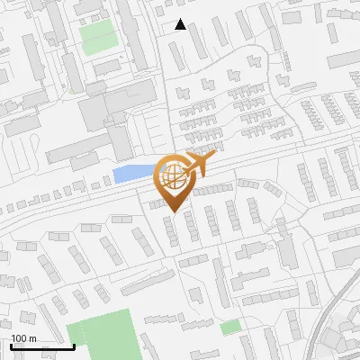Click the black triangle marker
(181, 24)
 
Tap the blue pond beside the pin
(130, 174)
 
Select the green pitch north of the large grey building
(98, 36)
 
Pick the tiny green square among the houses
(230, 328)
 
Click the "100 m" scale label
(23, 338)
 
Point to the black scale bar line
(42, 346)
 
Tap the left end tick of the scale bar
(11, 345)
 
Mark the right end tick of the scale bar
(74, 345)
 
